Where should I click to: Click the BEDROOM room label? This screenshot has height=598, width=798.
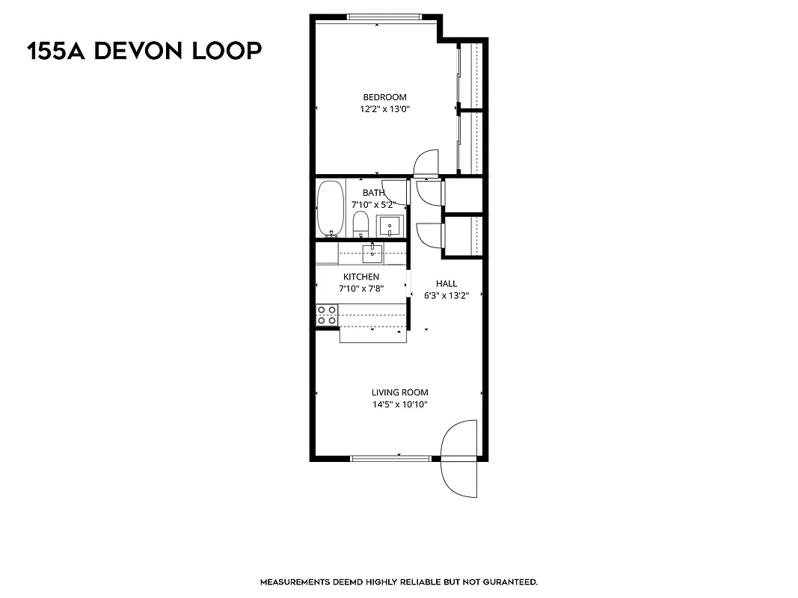tap(384, 97)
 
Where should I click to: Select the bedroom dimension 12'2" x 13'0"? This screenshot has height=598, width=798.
tap(384, 109)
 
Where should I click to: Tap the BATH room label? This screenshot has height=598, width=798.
tap(373, 193)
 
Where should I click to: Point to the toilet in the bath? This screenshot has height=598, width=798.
tap(360, 223)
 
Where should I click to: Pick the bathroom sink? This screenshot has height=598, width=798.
tap(389, 225)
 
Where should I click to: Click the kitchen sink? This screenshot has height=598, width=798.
tap(372, 253)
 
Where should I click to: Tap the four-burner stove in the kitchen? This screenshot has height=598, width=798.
tap(326, 315)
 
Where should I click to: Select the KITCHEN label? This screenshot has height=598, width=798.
tap(361, 277)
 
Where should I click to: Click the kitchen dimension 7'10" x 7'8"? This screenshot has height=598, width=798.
tap(361, 289)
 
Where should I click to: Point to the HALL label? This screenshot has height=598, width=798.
tap(446, 284)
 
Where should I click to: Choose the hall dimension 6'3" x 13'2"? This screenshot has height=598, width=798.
tap(446, 296)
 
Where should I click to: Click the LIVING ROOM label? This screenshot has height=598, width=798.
tap(400, 392)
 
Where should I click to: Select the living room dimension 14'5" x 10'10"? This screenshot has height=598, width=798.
tap(400, 404)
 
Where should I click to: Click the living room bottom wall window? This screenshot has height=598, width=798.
tap(390, 458)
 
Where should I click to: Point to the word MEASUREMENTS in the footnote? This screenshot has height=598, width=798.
tap(295, 582)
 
